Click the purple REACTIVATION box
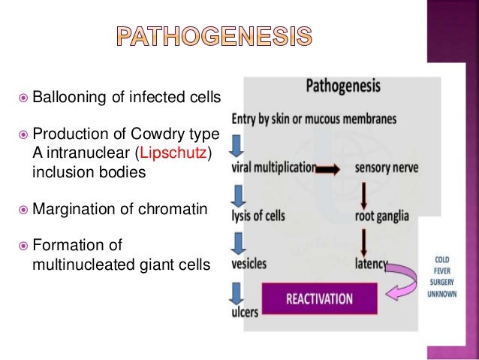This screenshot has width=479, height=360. [x=318, y=298]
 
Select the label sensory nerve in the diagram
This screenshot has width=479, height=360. [x=387, y=169]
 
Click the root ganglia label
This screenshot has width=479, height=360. [x=382, y=216]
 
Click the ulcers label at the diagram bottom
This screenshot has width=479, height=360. [x=245, y=310]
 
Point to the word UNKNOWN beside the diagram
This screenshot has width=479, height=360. [x=441, y=293]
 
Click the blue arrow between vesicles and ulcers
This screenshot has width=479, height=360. [x=236, y=288]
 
